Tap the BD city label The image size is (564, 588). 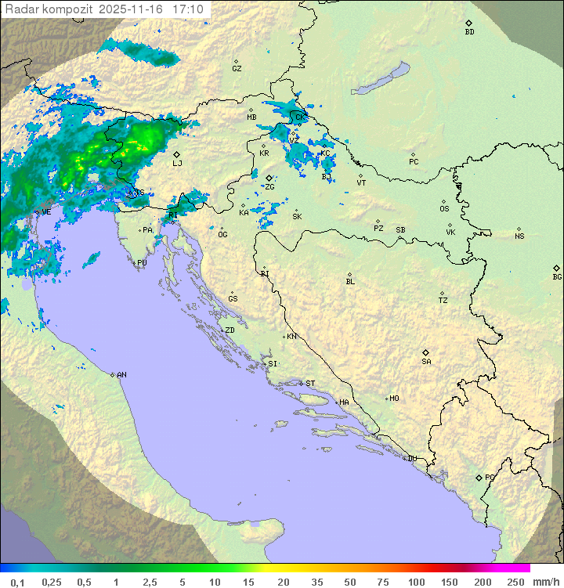[x=469, y=32]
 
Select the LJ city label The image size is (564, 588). [x=177, y=163]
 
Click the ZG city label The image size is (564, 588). [x=270, y=186]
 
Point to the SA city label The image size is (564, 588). [x=426, y=361]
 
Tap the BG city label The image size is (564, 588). [x=557, y=276]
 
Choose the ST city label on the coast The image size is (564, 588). [x=310, y=384]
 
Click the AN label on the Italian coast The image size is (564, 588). [x=121, y=375]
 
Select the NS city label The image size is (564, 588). [x=519, y=236]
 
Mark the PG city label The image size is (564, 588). [x=490, y=477]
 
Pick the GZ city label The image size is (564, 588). [x=237, y=68]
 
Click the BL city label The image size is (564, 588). [x=350, y=281]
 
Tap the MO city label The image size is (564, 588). [x=394, y=398]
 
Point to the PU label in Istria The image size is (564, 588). [x=142, y=263]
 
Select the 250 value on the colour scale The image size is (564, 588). [x=515, y=582]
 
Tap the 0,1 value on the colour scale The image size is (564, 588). [x=17, y=582]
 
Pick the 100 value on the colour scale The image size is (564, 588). [x=417, y=582]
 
